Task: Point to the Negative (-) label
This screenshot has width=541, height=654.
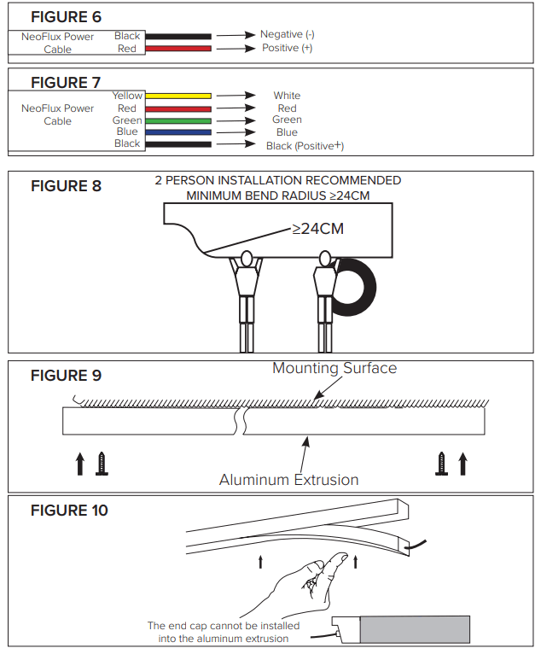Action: coord(287,34)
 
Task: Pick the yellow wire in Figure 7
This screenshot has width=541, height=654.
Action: coord(177,96)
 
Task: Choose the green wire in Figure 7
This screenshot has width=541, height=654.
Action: coord(177,121)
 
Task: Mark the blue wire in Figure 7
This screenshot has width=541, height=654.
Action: coord(177,133)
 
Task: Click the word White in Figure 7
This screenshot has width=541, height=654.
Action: coord(287,96)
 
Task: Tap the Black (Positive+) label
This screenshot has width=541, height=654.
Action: coord(305,146)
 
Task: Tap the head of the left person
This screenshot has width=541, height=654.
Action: coord(247,257)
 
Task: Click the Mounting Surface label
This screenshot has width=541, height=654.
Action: coord(334,368)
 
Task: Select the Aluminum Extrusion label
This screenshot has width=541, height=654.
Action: coord(288,480)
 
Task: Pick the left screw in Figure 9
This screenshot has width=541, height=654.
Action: coord(102,464)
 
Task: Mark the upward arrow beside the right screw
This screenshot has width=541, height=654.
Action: coord(462,464)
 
